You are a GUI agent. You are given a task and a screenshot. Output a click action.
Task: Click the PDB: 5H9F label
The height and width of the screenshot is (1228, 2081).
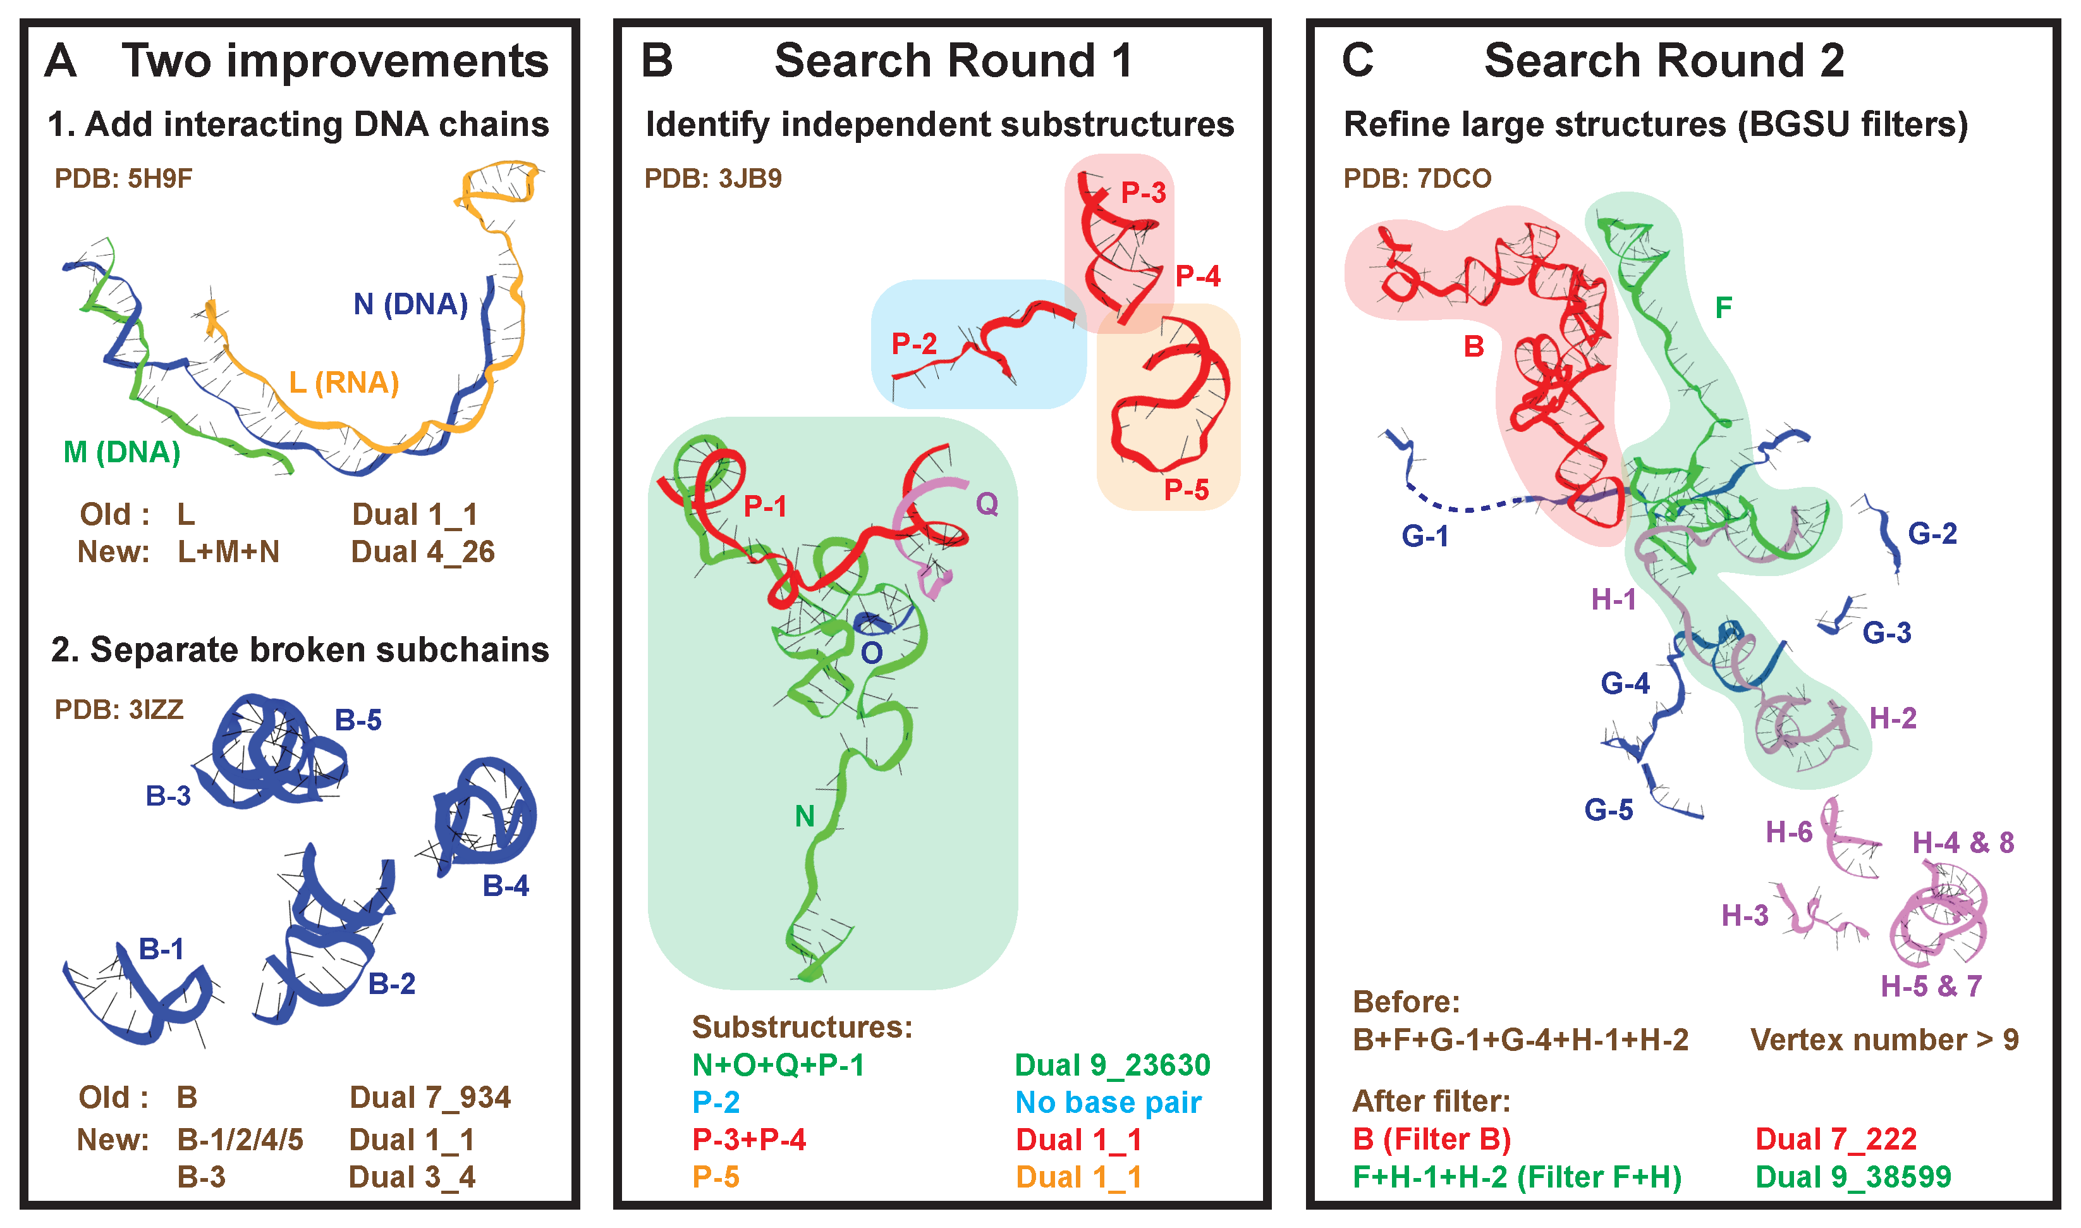123,179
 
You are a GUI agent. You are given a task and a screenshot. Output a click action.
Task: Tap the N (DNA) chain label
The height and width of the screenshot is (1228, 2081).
410,305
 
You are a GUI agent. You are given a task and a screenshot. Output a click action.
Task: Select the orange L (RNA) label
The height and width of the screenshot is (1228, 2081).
344,383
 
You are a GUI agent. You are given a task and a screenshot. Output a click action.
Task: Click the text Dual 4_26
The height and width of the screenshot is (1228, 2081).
423,552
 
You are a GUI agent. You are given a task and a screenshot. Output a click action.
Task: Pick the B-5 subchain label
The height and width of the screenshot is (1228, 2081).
358,720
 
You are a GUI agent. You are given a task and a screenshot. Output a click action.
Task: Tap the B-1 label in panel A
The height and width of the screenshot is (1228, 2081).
161,949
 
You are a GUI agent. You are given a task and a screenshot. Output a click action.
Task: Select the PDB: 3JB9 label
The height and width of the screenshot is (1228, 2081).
713,179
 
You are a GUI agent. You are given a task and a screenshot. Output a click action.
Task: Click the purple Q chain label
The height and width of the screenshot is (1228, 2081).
987,503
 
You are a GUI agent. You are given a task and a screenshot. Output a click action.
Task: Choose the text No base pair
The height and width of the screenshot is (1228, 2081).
1108,1102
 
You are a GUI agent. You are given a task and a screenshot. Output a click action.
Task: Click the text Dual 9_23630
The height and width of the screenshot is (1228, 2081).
1113,1065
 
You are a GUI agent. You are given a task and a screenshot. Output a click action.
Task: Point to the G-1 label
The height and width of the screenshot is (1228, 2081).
1425,536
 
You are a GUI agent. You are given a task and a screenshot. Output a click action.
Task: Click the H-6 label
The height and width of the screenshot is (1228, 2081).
1789,832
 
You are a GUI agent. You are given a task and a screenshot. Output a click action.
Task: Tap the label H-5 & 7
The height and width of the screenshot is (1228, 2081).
1931,986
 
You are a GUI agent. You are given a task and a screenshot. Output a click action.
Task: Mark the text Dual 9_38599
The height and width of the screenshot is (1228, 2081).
1853,1177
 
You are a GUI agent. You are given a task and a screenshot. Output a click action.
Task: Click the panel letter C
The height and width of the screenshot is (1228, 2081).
1357,61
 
